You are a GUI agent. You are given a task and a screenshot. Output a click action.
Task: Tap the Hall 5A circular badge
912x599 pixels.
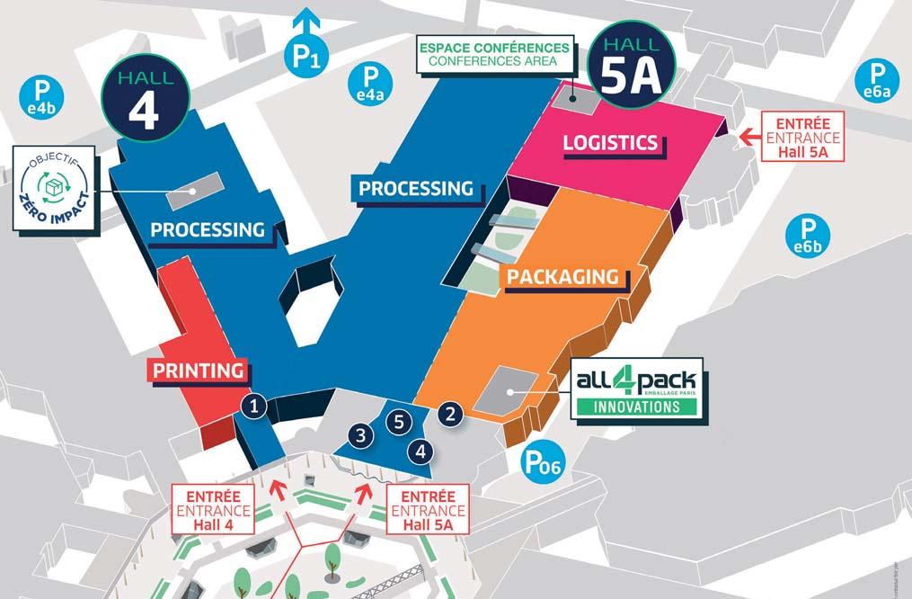click(630, 67)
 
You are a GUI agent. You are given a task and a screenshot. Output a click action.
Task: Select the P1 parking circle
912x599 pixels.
click(306, 56)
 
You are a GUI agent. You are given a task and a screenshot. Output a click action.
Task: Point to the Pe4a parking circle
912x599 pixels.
click(370, 84)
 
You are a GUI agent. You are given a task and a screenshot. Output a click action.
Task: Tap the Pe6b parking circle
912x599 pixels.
click(805, 235)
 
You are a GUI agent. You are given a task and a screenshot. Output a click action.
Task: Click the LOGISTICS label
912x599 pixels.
click(610, 143)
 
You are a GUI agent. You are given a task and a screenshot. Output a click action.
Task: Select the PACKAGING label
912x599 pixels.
click(562, 276)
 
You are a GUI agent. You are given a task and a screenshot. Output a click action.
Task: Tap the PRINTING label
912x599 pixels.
click(198, 370)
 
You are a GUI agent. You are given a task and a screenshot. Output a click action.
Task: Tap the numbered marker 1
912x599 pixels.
click(255, 407)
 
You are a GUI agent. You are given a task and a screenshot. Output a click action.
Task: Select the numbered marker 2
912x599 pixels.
click(450, 414)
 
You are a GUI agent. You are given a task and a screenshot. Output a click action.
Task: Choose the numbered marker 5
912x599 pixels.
click(401, 420)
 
